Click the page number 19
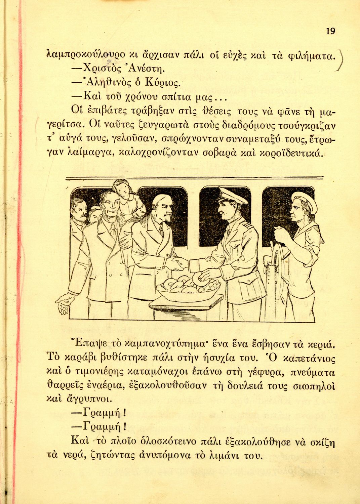330,31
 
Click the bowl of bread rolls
188,288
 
